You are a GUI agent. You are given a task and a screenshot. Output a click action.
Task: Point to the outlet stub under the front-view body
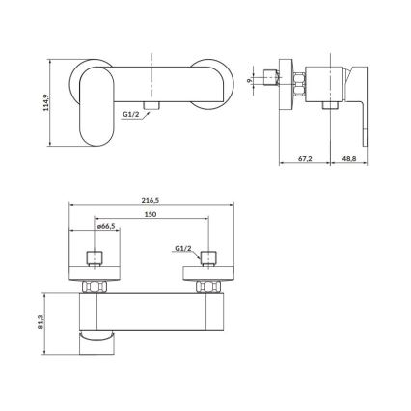[150, 103]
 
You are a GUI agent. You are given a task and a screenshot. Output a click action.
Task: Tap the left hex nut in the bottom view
[96, 287]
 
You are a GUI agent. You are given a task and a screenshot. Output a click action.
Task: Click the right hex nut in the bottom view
[207, 287]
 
